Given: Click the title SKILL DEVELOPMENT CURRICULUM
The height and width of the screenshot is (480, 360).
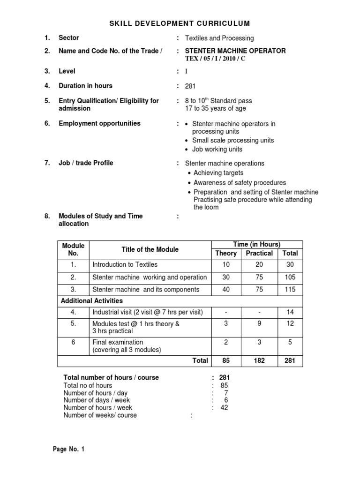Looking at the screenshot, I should pyautogui.click(x=180, y=23).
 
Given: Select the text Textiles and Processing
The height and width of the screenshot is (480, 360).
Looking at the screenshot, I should pyautogui.click(x=219, y=38).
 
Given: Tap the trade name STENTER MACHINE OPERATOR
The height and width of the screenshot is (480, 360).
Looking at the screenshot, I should pyautogui.click(x=235, y=51).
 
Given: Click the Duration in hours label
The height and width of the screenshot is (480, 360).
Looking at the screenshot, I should pyautogui.click(x=85, y=86).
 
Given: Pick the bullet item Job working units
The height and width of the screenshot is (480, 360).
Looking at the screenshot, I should pyautogui.click(x=217, y=149).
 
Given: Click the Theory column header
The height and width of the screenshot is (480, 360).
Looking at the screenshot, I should pyautogui.click(x=225, y=253).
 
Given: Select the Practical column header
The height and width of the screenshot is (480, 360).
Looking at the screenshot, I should pyautogui.click(x=259, y=253).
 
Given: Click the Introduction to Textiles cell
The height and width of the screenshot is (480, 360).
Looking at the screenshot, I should pyautogui.click(x=125, y=265).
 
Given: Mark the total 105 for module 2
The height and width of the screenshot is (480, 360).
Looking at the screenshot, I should pyautogui.click(x=290, y=277).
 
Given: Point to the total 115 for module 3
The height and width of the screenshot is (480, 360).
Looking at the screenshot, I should pyautogui.click(x=290, y=289).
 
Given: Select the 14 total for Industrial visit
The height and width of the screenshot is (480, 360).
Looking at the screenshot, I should pyautogui.click(x=290, y=312).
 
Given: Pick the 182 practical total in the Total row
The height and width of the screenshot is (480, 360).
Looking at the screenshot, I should pyautogui.click(x=259, y=360).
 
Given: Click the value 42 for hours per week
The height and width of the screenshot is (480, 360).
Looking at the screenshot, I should pyautogui.click(x=225, y=408).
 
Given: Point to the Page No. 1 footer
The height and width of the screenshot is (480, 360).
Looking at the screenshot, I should pyautogui.click(x=69, y=449).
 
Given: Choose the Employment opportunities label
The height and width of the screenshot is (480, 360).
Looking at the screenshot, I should pyautogui.click(x=99, y=123).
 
